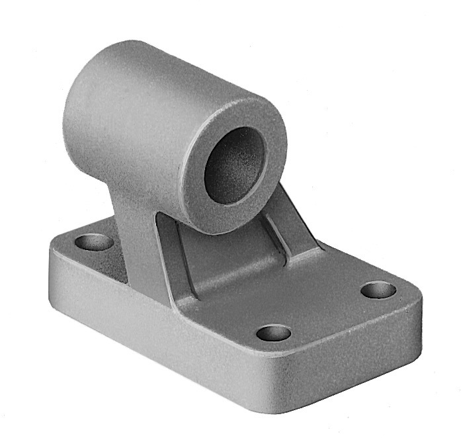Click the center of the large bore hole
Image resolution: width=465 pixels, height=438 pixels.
234,165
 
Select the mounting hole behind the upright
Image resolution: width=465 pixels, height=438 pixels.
94,241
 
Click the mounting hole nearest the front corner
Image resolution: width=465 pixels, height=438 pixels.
274,332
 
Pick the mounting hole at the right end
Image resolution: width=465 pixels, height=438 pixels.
378,290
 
